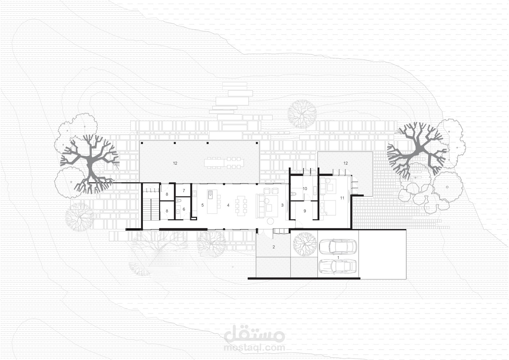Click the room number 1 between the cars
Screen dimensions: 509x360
[338, 257]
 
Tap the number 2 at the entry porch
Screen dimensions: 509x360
[274, 247]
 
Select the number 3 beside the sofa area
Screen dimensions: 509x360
[282, 205]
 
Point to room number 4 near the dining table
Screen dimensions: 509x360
[228, 205]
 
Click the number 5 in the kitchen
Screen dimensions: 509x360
[202, 205]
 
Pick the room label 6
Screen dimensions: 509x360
[184, 209]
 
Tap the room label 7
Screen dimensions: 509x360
[184, 191]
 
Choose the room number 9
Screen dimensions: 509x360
[305, 211]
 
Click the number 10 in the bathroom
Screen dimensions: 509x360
[305, 188]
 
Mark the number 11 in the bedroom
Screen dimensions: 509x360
[342, 198]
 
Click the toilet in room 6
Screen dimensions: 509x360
[179, 201]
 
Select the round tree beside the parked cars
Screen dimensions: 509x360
[305, 244]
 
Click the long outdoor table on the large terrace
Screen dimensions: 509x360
[224, 163]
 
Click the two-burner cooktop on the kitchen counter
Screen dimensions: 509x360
[194, 194]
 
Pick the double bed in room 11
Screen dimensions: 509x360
[328, 208]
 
